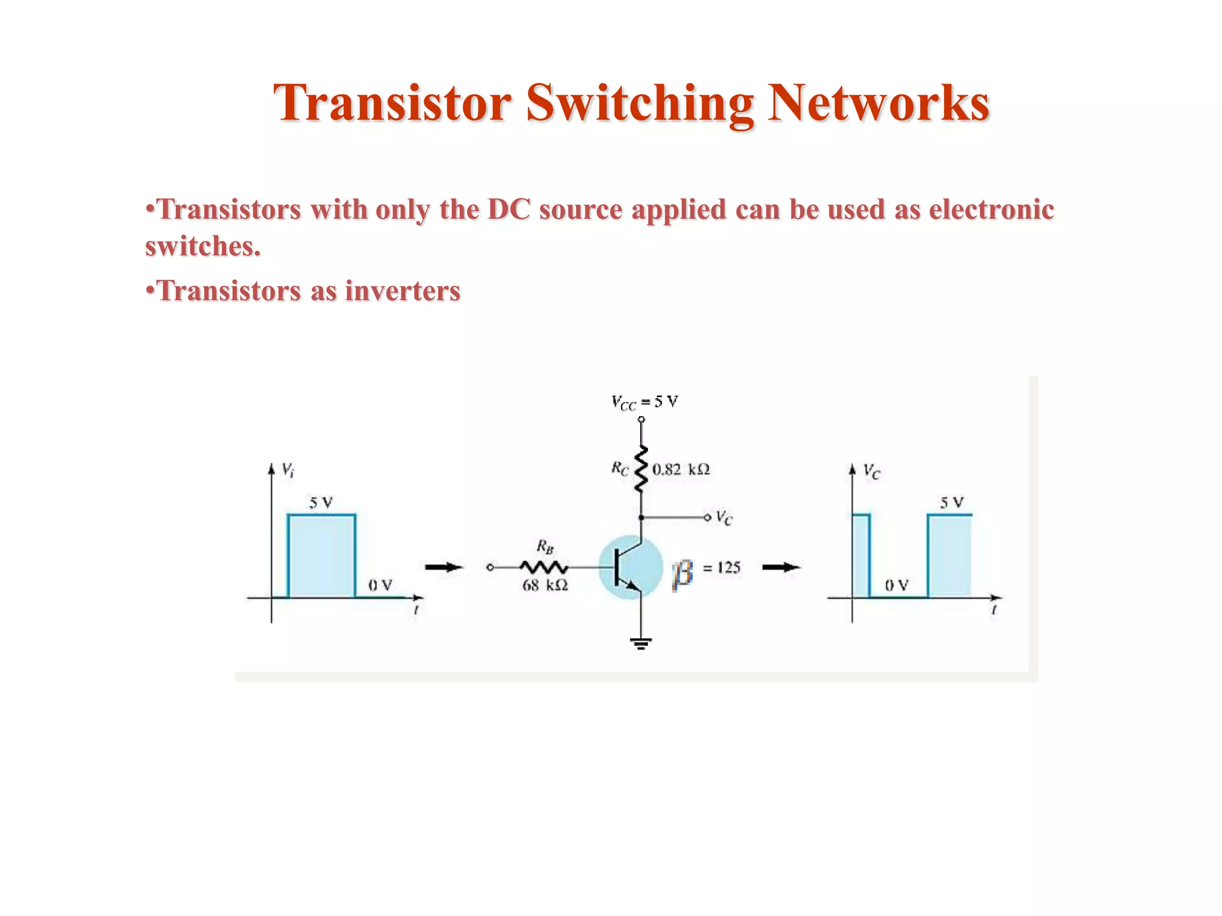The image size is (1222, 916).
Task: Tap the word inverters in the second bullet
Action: point(403,292)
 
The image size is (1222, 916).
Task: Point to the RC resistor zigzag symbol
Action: point(641,469)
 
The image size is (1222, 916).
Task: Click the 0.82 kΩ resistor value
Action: point(681,469)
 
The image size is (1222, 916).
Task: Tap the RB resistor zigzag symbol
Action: point(544,567)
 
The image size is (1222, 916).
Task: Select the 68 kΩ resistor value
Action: point(545,586)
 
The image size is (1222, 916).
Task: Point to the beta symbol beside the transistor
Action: point(683,574)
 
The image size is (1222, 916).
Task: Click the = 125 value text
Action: point(721,568)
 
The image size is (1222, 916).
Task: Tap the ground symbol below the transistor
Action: point(641,642)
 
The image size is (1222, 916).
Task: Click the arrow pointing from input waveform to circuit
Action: point(444,567)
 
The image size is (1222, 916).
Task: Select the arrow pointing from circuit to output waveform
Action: point(781,567)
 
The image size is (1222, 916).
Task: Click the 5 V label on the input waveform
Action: point(321,503)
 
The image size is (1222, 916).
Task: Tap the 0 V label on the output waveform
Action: point(896,586)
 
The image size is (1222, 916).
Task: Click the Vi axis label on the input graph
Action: point(288,471)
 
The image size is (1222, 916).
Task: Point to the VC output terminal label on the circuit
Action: point(724,518)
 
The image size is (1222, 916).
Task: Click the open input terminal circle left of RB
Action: point(490,568)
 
